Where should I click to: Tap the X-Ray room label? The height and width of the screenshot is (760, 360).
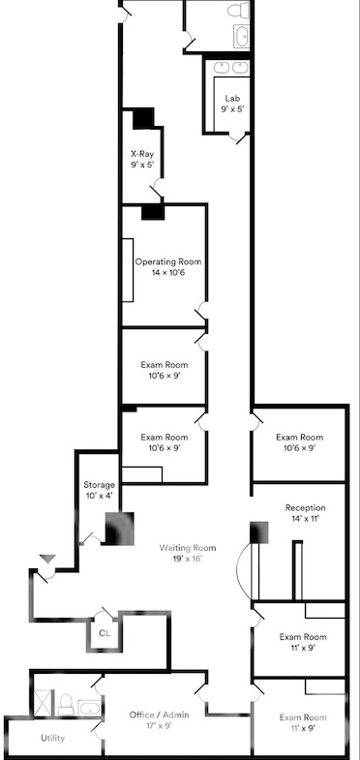point(142,154)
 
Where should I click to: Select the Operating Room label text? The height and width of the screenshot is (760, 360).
point(167,261)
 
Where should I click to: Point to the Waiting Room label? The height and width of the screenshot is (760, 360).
point(188,548)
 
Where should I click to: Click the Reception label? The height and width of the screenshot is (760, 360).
point(305,508)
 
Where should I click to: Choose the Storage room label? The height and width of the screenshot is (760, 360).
point(100,485)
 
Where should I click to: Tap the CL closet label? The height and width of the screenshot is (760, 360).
point(105,633)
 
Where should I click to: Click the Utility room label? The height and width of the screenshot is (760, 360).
point(52,738)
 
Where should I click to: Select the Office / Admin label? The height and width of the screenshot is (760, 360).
point(159,714)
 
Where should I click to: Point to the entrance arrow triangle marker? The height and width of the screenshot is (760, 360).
point(47,559)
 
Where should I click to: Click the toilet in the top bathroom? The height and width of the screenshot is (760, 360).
point(238,10)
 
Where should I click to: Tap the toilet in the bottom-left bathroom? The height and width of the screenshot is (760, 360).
point(66,704)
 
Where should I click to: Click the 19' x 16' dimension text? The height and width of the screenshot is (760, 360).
point(188,559)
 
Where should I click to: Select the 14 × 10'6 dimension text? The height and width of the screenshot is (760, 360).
point(168,272)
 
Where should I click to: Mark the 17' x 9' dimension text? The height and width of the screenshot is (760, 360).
point(159,725)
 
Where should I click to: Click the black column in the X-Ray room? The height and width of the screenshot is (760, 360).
point(143,118)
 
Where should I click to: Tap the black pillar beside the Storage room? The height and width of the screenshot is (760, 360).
point(120,528)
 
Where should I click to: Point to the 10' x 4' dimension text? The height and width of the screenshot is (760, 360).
point(100,496)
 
